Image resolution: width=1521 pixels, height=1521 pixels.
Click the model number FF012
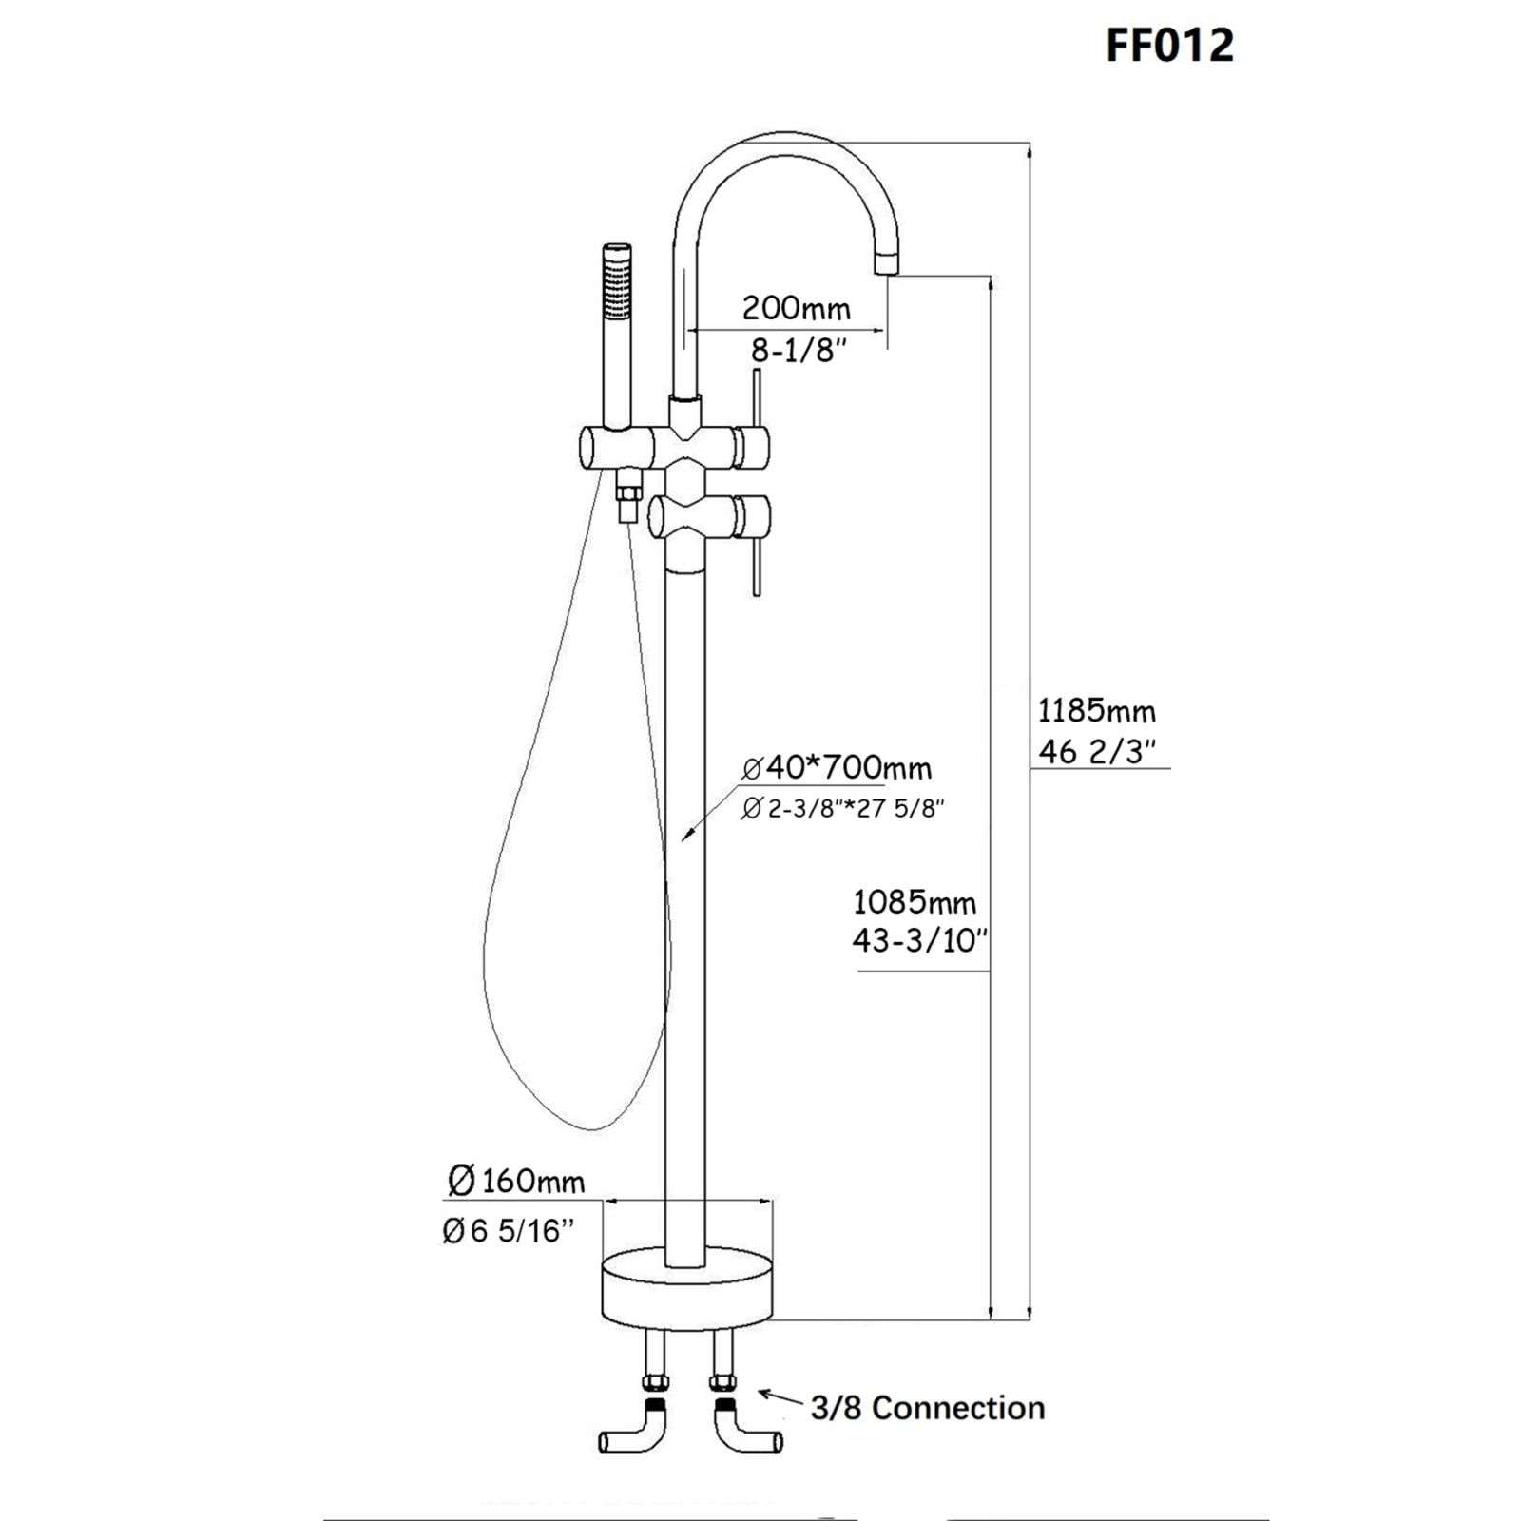(1169, 46)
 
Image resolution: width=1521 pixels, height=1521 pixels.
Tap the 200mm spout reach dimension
(796, 308)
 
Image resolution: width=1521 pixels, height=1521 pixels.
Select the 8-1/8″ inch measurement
(798, 351)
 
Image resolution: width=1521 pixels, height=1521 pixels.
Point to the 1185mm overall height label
(1096, 710)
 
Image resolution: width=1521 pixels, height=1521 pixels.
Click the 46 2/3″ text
(1096, 752)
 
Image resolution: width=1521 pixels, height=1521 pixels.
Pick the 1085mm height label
(914, 900)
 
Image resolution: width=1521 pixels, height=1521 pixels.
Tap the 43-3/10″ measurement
(919, 941)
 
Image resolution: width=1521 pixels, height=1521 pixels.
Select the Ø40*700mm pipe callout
(837, 767)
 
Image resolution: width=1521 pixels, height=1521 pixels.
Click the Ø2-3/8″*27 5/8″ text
(842, 809)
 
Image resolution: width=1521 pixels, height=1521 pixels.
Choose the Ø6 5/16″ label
(509, 1231)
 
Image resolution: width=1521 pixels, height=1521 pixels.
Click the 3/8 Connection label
(928, 1408)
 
